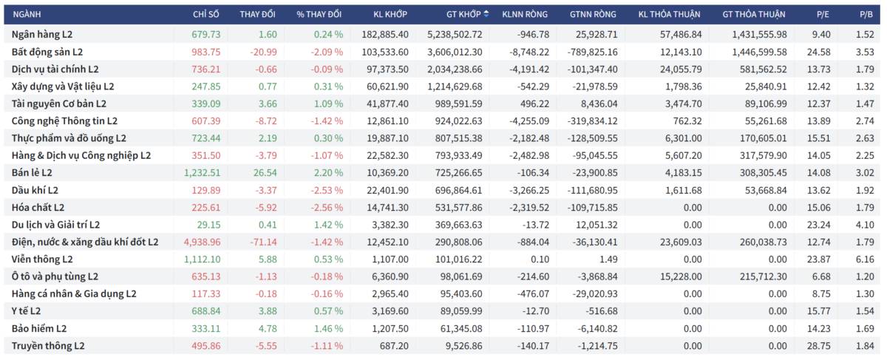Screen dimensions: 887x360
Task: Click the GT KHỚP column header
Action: tap(463, 14)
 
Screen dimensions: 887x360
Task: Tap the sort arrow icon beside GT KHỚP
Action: tap(486, 14)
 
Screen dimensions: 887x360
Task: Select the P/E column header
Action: tap(823, 14)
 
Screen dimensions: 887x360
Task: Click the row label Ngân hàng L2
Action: tap(42, 35)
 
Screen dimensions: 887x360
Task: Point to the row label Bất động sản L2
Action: tap(47, 52)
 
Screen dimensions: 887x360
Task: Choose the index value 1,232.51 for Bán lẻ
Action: tap(202, 173)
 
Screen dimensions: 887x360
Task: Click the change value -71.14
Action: tap(263, 242)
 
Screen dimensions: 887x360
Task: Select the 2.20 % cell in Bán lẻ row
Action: tap(328, 173)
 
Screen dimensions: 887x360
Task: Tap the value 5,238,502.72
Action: tap(455, 35)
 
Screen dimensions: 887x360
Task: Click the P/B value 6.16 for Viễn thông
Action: tap(865, 259)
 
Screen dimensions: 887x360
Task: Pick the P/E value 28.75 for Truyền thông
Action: tap(819, 346)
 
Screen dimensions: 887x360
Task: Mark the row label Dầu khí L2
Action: tap(35, 191)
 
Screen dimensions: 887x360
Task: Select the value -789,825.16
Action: tap(592, 52)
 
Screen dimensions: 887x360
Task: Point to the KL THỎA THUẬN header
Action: tap(669, 14)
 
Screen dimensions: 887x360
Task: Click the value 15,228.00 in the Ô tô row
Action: tap(681, 276)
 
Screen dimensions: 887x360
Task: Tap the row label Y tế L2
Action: tap(26, 311)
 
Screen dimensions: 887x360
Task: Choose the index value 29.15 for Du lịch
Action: tap(208, 225)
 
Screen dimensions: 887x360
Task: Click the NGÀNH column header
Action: tap(27, 14)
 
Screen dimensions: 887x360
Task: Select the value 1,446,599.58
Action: tap(759, 52)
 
